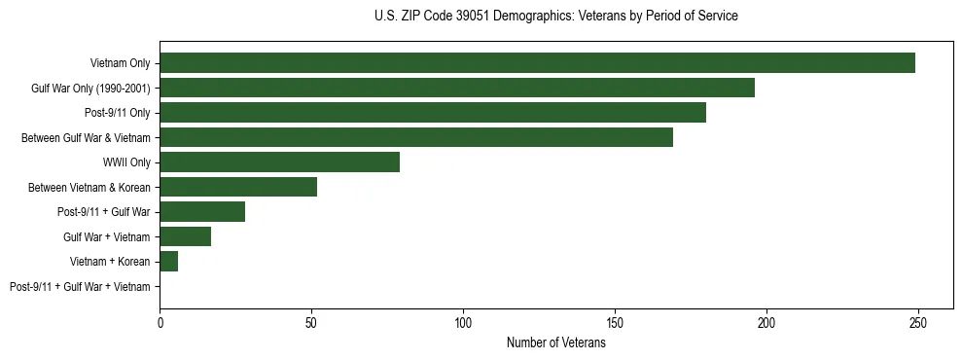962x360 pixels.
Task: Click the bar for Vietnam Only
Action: tap(537, 63)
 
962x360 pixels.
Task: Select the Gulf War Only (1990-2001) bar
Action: tap(457, 88)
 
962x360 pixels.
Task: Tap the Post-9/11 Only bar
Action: tap(433, 113)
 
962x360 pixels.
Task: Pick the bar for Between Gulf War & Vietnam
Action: tap(416, 137)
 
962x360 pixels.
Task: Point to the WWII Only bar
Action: tap(279, 162)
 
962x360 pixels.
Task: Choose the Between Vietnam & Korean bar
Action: tap(238, 187)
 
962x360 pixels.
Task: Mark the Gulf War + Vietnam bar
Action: tap(185, 236)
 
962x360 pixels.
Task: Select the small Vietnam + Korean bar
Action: tap(169, 262)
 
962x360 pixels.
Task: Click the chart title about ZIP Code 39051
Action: tap(555, 17)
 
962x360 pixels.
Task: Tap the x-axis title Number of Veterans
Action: tap(555, 343)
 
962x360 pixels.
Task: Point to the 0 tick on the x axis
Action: tap(160, 322)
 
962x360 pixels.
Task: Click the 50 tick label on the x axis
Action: tap(311, 322)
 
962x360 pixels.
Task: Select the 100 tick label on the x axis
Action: tap(463, 322)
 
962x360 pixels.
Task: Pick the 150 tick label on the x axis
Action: tap(615, 322)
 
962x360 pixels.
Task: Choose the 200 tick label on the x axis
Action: tap(766, 322)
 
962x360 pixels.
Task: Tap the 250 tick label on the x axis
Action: tap(918, 322)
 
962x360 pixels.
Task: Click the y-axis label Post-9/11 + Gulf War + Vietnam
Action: tap(80, 287)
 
